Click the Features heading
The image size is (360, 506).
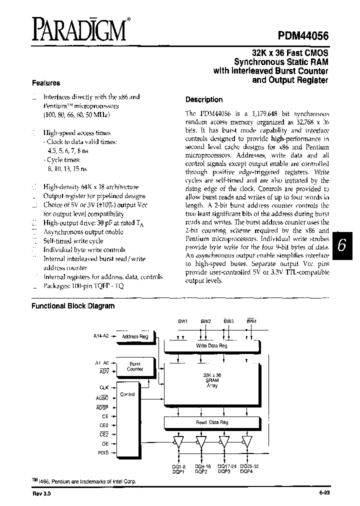(46, 83)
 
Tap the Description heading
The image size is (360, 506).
(204, 99)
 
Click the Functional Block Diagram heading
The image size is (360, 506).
(73, 306)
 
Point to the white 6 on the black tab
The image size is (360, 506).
(341, 246)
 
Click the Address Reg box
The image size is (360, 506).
(135, 337)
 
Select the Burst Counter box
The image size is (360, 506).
(134, 366)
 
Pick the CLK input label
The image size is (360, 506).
(104, 387)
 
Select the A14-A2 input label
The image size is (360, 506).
(102, 336)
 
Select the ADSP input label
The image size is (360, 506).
(102, 407)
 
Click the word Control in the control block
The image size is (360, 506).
(128, 394)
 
